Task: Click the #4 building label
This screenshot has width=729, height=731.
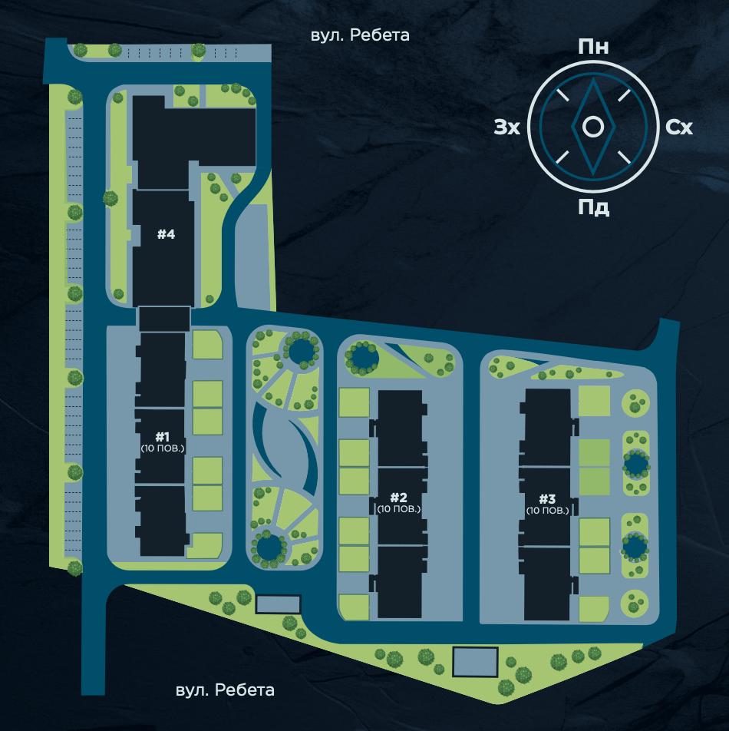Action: coord(166,233)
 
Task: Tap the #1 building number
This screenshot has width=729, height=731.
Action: coord(162,437)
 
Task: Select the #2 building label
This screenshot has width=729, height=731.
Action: coord(399,498)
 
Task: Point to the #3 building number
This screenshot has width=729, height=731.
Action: coord(547,499)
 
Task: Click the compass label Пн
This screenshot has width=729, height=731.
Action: coord(593,47)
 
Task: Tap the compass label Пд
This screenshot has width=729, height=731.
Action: coord(593,207)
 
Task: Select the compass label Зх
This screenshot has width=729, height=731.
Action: coord(506,127)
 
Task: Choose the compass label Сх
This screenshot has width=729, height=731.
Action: coord(679,127)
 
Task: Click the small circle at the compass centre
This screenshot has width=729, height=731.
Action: coord(593,127)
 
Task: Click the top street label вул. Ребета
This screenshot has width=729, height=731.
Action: coord(360,35)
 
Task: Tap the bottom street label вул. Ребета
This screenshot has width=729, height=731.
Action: coord(225,690)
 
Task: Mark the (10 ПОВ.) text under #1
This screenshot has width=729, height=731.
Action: coord(163,448)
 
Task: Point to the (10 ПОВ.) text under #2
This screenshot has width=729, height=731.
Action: coord(399,509)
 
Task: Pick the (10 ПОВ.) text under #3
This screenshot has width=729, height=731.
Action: coord(547,511)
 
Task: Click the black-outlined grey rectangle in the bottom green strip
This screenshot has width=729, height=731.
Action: coord(475,662)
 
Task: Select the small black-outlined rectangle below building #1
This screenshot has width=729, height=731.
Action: coord(278,604)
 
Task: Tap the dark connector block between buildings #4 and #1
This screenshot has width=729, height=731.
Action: coord(164,319)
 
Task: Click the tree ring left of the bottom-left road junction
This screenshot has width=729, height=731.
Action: coord(74,568)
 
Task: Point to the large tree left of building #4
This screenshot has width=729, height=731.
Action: coord(111,198)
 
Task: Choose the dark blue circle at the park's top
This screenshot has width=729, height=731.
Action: coord(301,349)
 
